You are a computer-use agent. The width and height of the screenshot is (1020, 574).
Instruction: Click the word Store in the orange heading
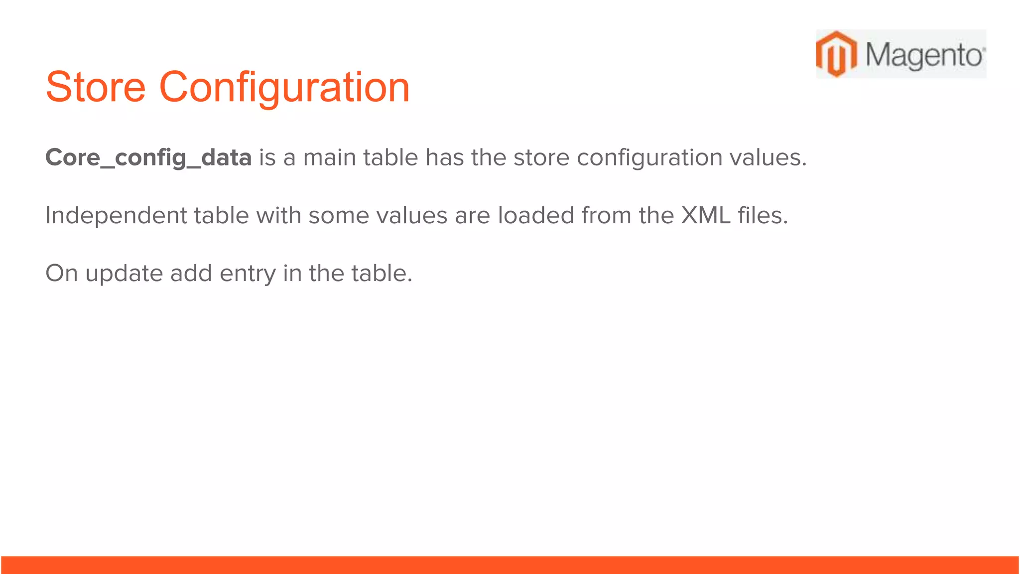click(x=96, y=87)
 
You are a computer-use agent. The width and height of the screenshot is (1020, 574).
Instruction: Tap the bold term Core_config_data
click(x=148, y=158)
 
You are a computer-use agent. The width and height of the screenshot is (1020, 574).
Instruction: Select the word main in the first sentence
click(x=329, y=158)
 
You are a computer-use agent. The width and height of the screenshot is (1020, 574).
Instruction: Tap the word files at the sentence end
click(x=763, y=216)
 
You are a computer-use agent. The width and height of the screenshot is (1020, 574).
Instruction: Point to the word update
click(x=124, y=274)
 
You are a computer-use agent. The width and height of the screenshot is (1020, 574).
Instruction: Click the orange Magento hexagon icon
click(x=836, y=54)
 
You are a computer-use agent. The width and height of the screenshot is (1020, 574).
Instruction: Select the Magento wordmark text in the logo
click(x=924, y=55)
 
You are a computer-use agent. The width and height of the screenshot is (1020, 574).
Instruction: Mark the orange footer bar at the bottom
click(x=510, y=565)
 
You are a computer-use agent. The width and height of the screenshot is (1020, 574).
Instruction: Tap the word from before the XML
click(x=606, y=216)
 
